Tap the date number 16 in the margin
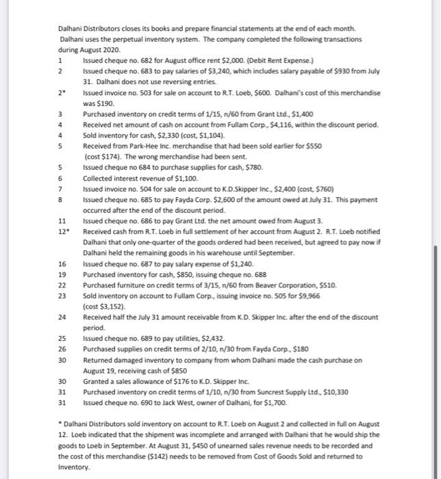62,263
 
